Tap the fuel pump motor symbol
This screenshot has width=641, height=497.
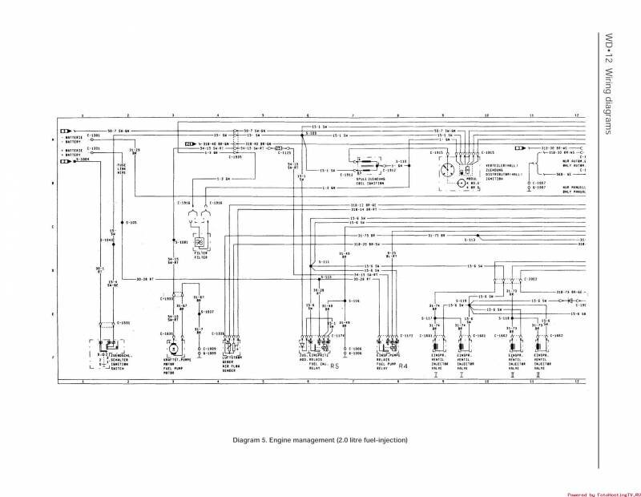pyautogui.click(x=170, y=350)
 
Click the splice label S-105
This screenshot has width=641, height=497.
pyautogui.click(x=131, y=222)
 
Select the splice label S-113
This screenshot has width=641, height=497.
pyautogui.click(x=470, y=240)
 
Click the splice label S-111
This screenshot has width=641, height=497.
pyautogui.click(x=325, y=263)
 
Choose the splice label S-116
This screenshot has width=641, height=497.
pyautogui.click(x=355, y=300)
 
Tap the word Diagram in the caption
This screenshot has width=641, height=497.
pyautogui.click(x=248, y=440)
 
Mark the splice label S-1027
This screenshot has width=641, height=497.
pyautogui.click(x=206, y=311)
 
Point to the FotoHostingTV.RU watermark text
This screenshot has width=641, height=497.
pyautogui.click(x=600, y=494)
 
